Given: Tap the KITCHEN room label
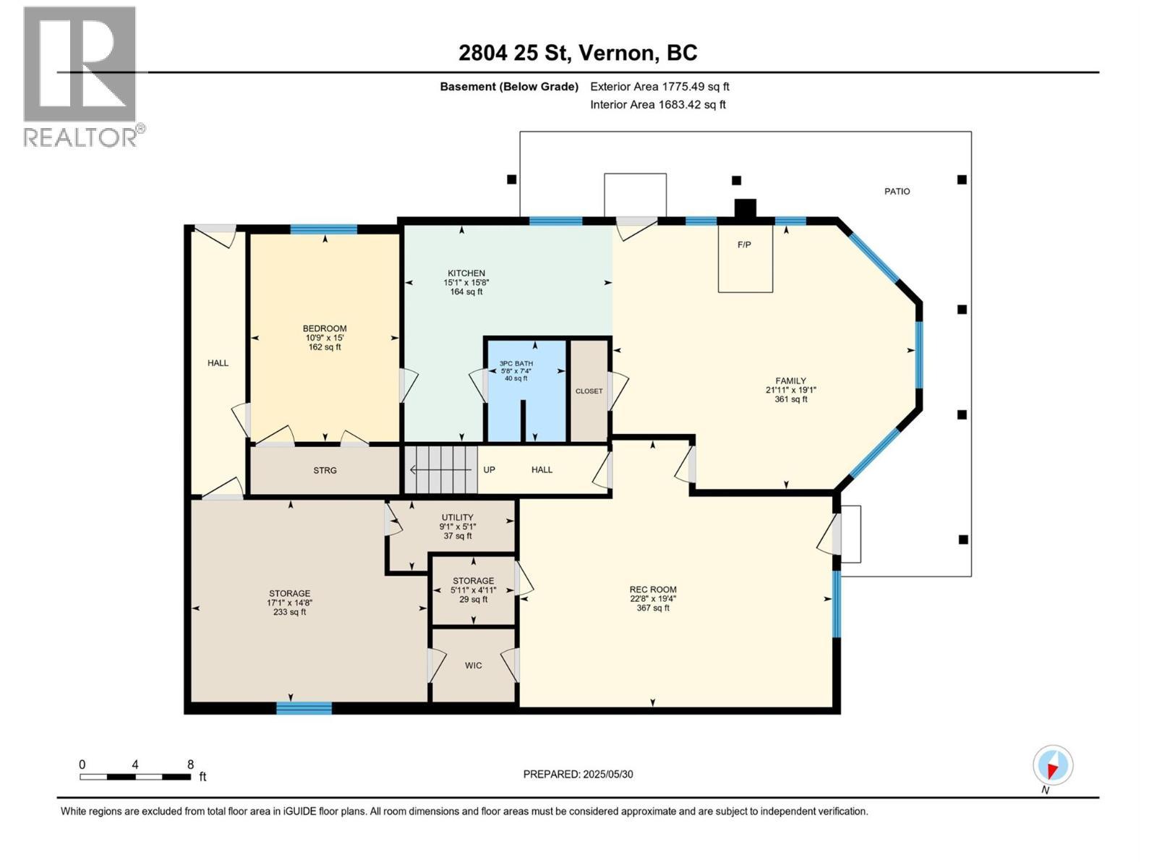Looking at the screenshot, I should (x=466, y=273).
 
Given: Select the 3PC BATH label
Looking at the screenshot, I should (x=516, y=364).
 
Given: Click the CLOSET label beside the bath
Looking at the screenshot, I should (x=589, y=391).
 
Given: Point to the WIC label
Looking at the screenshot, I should (x=473, y=665).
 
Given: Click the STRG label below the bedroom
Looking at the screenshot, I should (x=325, y=471).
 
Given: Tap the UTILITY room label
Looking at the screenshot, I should (x=457, y=518).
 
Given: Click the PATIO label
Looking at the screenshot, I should (x=897, y=192).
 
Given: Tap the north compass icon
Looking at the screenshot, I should (x=1052, y=766).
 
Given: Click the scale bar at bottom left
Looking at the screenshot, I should (x=135, y=777).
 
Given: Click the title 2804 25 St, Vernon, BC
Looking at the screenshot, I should (x=578, y=53).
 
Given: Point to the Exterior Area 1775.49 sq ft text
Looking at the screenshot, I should (x=659, y=87).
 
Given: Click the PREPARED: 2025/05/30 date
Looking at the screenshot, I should (x=578, y=774).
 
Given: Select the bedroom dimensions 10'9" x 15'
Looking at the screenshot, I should (x=324, y=338).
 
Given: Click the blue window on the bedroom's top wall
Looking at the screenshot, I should (x=323, y=229).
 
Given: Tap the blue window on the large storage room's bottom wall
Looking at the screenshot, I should (x=304, y=707).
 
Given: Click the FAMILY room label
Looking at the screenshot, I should (x=790, y=381).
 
